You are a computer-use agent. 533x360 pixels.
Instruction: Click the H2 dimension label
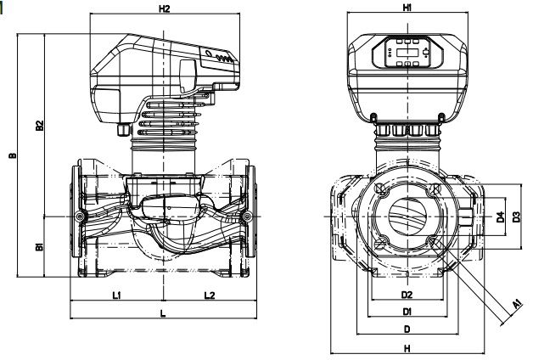click(x=165, y=9)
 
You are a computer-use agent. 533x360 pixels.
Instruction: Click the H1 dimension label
click(x=407, y=8)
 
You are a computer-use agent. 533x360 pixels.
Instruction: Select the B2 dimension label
click(x=39, y=125)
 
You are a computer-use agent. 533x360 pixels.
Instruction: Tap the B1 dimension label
click(x=39, y=248)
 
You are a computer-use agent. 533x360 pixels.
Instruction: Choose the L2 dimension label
click(x=209, y=295)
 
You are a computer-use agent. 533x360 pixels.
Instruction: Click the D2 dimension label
click(x=407, y=295)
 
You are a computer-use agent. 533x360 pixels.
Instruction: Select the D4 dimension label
click(x=501, y=217)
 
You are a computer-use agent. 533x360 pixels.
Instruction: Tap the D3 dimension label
click(x=517, y=217)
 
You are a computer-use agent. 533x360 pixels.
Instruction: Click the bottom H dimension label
click(x=407, y=348)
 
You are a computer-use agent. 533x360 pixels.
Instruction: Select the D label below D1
click(x=407, y=329)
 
